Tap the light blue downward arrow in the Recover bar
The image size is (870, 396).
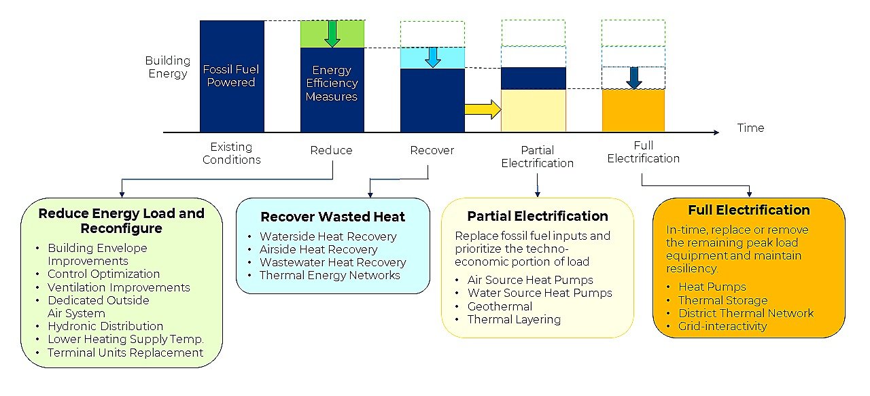[432, 57]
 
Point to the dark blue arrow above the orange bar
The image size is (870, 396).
[633, 78]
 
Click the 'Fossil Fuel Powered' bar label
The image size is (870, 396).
[232, 76]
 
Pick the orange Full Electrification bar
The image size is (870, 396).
[633, 111]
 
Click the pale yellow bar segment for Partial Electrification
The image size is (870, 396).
[533, 111]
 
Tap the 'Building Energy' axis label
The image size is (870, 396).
[167, 67]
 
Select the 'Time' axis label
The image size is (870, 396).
[750, 128]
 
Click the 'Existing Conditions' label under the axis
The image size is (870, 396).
[231, 154]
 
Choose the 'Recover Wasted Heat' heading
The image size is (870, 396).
[332, 217]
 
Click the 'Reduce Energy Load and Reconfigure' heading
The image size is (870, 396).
[121, 220]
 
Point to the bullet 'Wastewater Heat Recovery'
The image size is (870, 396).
[332, 262]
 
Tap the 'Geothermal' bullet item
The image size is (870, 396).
[500, 306]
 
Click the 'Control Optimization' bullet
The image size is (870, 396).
[103, 274]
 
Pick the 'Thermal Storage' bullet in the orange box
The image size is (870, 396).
[723, 300]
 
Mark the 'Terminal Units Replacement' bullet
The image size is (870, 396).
[125, 353]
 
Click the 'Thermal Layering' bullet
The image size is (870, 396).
[514, 319]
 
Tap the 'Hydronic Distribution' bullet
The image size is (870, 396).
[105, 326]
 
